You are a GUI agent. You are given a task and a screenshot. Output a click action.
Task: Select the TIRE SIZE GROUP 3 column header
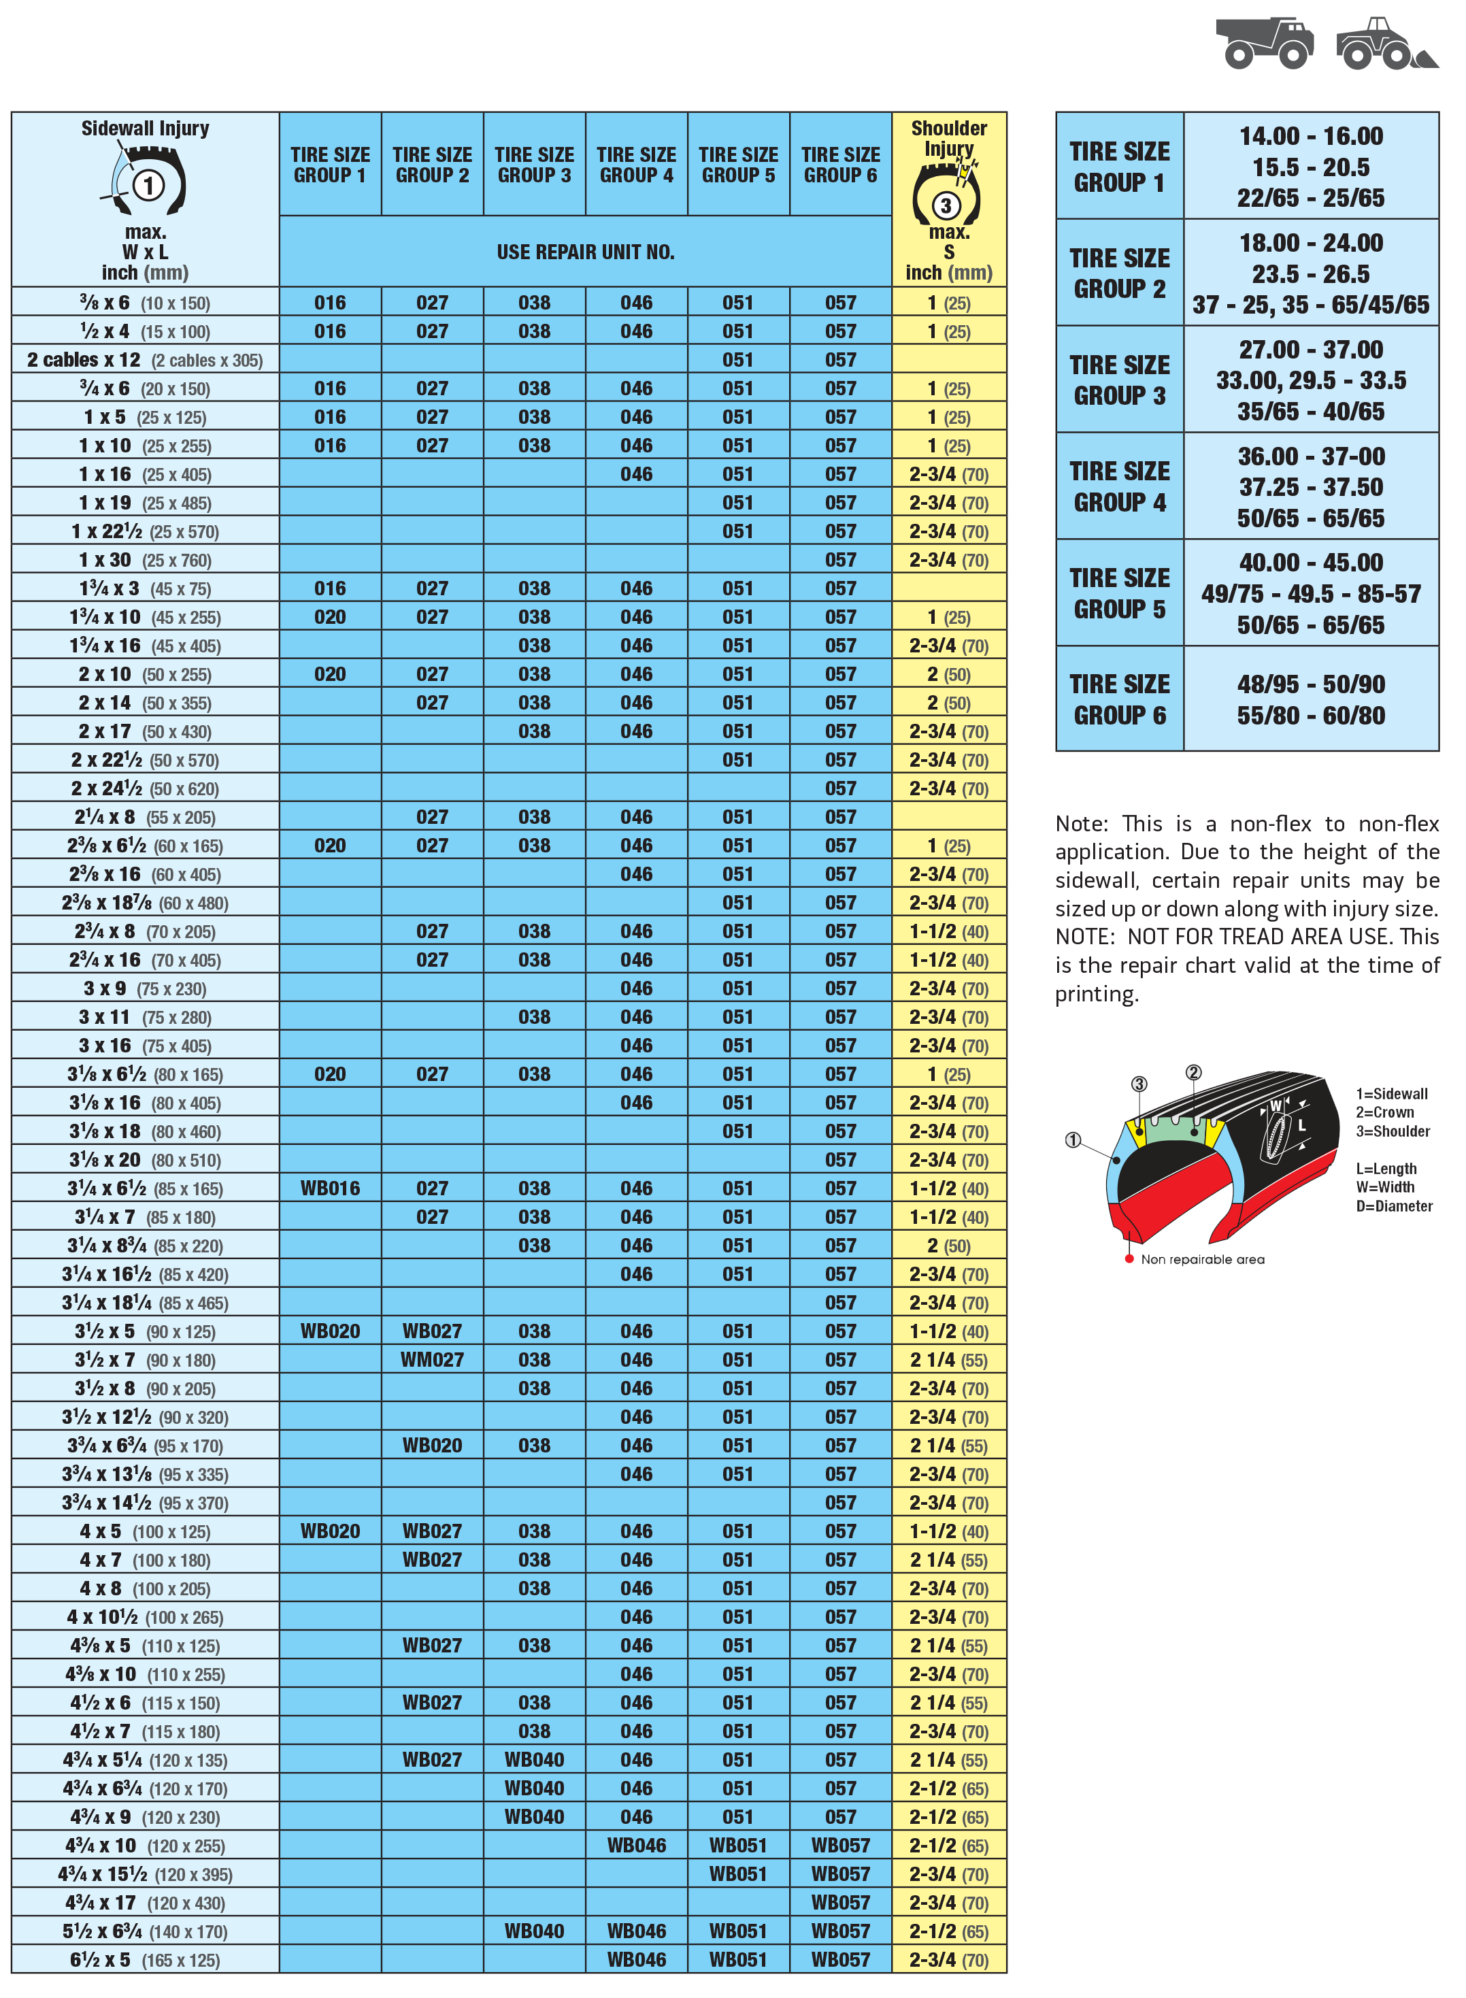[x=534, y=165]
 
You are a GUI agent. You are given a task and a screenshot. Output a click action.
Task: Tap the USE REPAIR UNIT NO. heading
[x=586, y=252]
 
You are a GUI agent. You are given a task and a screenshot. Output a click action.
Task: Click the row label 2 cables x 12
[x=145, y=360]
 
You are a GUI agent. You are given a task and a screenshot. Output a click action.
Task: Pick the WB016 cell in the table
[x=330, y=1188]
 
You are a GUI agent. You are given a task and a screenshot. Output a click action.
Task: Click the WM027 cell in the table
[x=432, y=1359]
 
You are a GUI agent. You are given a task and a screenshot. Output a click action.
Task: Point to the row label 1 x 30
[x=145, y=560]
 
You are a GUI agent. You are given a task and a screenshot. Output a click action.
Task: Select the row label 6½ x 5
[x=145, y=1960]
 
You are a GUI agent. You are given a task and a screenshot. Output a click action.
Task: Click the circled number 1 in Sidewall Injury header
[x=148, y=186]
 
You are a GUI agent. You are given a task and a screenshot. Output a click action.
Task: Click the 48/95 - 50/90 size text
[x=1311, y=684]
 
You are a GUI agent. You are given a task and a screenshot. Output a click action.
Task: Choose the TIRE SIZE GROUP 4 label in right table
[x=1120, y=486]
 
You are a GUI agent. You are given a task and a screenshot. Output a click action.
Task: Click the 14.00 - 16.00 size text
[x=1311, y=137]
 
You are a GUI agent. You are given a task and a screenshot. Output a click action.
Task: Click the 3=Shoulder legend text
[x=1393, y=1131]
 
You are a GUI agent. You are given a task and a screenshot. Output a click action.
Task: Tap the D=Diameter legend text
[x=1393, y=1205]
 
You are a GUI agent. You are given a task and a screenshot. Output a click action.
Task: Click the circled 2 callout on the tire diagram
[x=1194, y=1073]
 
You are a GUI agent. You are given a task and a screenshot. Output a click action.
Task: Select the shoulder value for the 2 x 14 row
[x=948, y=703]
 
